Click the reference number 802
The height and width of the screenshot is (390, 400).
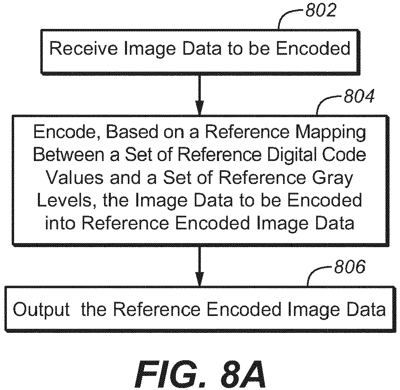click(x=321, y=11)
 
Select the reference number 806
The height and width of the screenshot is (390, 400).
click(x=350, y=267)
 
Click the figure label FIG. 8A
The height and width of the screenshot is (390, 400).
click(x=200, y=373)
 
